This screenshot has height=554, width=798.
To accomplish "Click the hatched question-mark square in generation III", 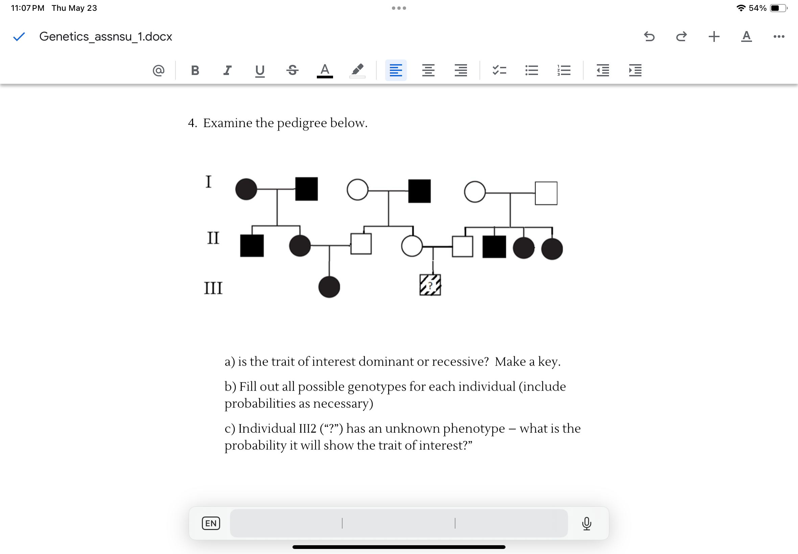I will pos(430,285).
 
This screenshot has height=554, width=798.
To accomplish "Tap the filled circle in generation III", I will pos(329,287).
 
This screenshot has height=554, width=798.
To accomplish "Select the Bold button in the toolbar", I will pos(195,71).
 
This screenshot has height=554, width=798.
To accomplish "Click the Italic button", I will pos(227,71).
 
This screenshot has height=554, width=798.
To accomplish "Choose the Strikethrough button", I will pos(292,71).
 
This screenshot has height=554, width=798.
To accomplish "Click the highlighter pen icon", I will pos(357,70).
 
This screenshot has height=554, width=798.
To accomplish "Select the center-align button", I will pos(428,71).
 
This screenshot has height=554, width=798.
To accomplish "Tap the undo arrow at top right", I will pos(649,36).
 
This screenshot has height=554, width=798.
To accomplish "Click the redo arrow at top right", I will pos(681,36).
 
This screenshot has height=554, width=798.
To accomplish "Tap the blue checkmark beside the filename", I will pos(19,36).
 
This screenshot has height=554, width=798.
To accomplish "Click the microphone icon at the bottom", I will pos(586,523).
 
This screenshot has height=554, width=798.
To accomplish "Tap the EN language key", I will pos(211,523).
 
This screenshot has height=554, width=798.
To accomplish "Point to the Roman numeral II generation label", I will pos(213,238).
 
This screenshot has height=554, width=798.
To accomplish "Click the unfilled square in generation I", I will pos(546,193).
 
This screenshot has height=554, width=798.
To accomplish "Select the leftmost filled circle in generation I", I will pos(246,190).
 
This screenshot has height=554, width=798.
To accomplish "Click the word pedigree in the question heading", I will pos(302,123).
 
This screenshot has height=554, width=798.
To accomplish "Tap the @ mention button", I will pos(159,71).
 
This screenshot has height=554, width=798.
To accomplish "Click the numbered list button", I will pos(564,71).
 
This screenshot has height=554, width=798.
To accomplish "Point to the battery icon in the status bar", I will pos(778,8).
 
